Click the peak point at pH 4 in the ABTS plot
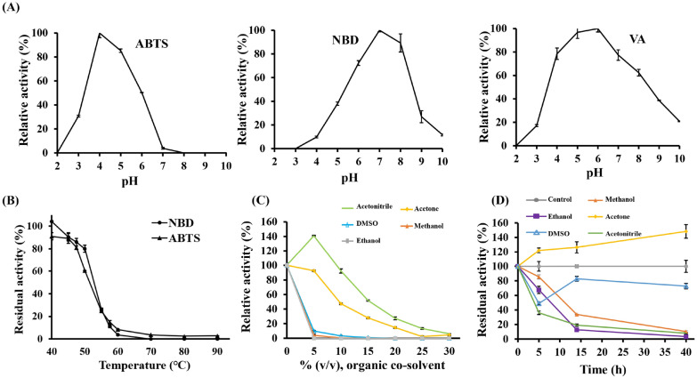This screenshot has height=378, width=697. (100, 34)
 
